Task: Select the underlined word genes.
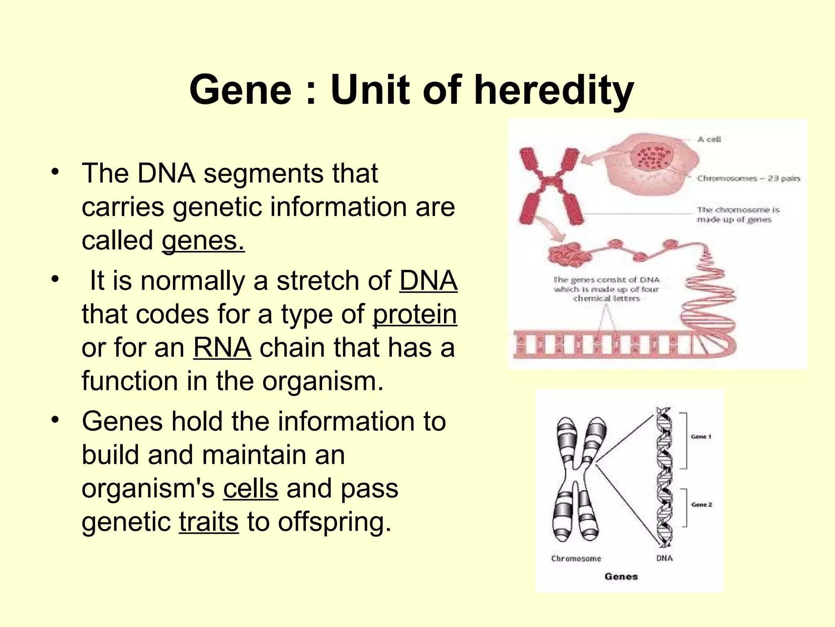click(203, 240)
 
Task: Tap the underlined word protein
click(415, 315)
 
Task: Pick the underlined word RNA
click(222, 348)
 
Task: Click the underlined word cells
click(250, 489)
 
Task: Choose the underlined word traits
click(209, 522)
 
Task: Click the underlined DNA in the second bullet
click(428, 281)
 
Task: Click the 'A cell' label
click(709, 140)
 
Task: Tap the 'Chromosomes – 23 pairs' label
click(748, 178)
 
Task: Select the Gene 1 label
click(701, 437)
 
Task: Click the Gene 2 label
click(701, 505)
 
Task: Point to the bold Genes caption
click(621, 576)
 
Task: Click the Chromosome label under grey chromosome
click(576, 558)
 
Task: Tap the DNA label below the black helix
click(664, 558)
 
